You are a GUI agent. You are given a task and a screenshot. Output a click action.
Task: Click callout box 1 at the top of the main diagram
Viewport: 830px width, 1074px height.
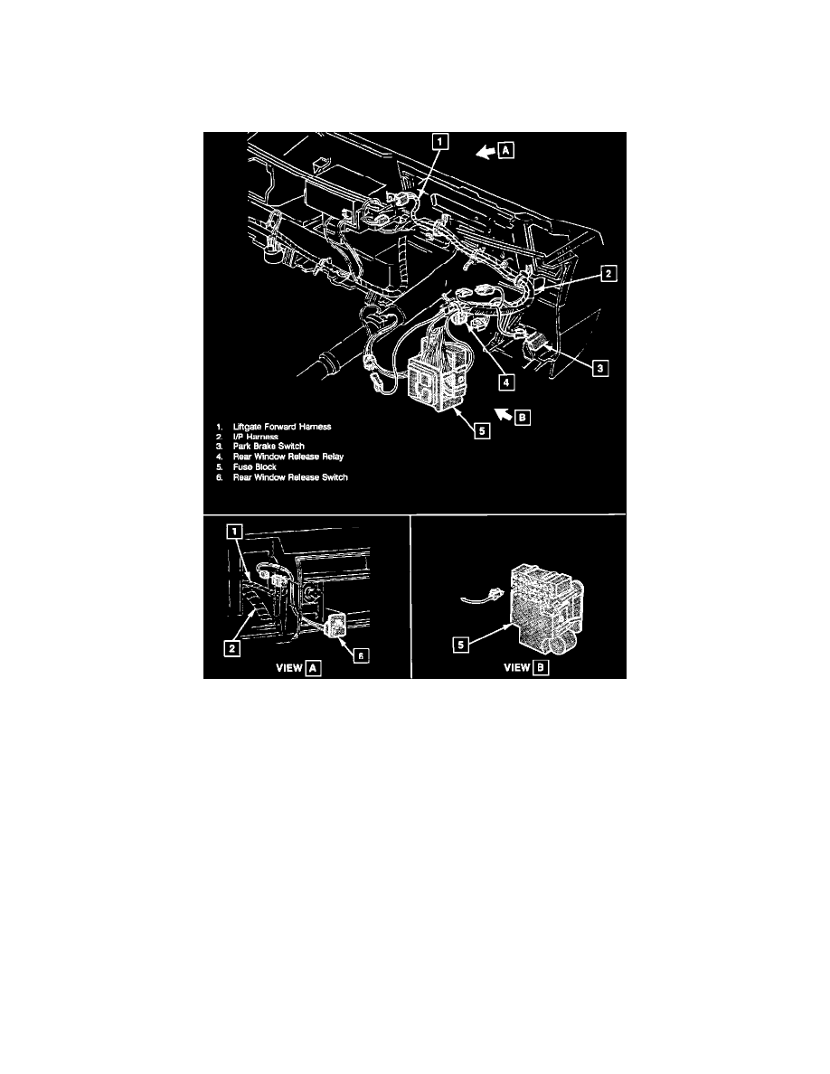point(439,141)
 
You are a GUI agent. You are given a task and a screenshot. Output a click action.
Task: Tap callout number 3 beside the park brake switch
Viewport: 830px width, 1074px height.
point(598,367)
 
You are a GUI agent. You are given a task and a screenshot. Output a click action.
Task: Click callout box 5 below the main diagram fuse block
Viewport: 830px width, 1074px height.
point(483,431)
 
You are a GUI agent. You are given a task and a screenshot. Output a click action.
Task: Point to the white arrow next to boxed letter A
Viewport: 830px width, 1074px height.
point(485,154)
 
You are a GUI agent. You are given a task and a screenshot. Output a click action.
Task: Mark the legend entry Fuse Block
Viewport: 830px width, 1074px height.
point(258,466)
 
